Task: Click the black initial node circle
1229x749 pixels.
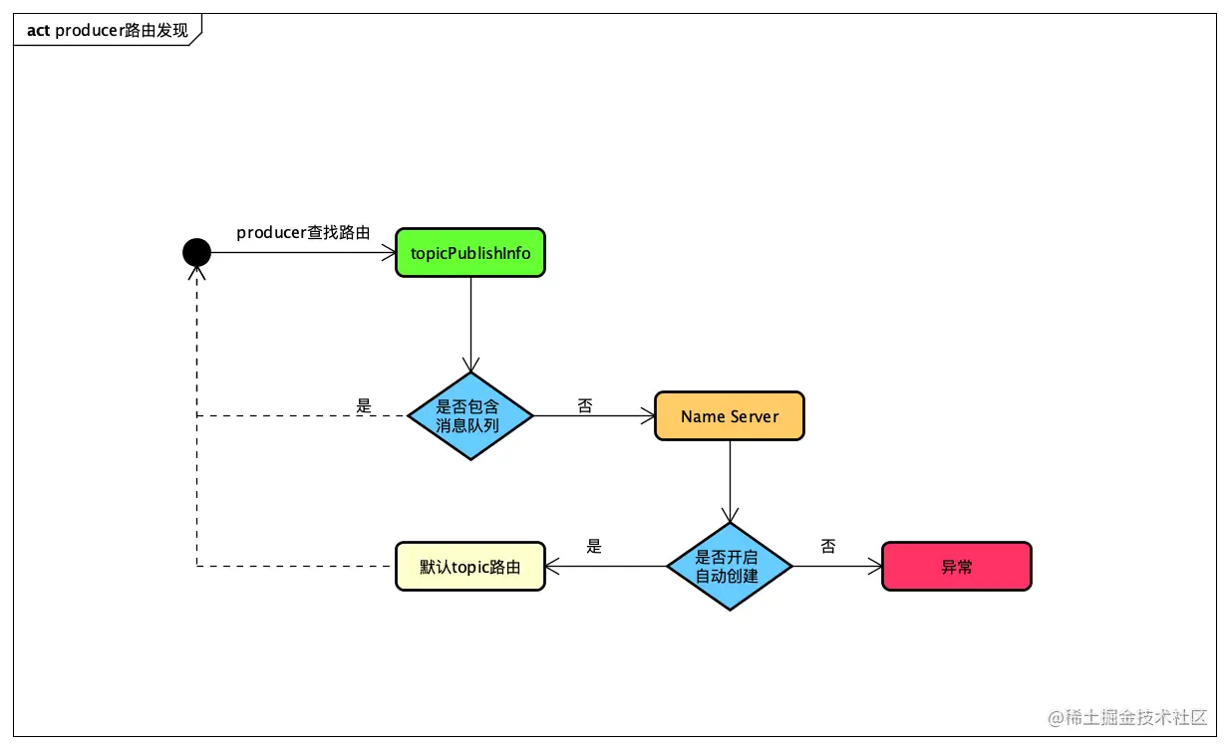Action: tap(196, 252)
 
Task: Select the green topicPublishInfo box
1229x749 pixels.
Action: tap(470, 253)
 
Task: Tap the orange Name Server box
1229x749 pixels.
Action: tap(730, 415)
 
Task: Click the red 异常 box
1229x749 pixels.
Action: tap(956, 567)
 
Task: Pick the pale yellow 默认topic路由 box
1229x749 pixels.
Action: tap(470, 567)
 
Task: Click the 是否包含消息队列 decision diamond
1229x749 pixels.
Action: tap(470, 415)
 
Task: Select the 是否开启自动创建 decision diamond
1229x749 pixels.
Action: tap(730, 567)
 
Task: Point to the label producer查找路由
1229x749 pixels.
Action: tap(303, 232)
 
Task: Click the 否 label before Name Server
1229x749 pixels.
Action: tap(585, 405)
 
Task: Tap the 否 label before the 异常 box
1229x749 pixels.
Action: tap(828, 546)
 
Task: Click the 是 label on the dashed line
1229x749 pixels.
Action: tap(364, 405)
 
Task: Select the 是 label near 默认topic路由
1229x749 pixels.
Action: tap(594, 546)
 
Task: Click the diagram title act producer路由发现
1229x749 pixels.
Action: tap(108, 30)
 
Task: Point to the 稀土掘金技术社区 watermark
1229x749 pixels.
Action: tap(1127, 717)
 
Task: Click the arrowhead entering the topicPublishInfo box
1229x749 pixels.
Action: tap(389, 253)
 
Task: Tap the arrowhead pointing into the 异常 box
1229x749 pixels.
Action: tap(875, 567)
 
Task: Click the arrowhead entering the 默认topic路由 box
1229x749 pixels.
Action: tap(552, 567)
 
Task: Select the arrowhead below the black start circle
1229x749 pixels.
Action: tap(196, 273)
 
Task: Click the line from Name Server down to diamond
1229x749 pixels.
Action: tap(730, 481)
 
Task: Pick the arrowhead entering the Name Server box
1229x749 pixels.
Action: tap(648, 415)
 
